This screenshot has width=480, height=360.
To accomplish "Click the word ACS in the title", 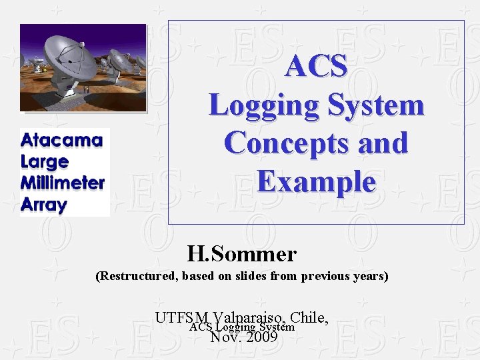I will tap(316, 67).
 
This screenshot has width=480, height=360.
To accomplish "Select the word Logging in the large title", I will tap(256, 105).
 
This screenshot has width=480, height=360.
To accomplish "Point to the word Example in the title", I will tap(316, 182).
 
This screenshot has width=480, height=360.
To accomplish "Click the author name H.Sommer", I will tap(242, 254).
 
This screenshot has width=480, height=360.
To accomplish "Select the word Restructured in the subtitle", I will tap(139, 276).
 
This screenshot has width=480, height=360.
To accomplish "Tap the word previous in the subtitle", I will tap(325, 276).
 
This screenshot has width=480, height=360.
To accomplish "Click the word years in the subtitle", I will tap(370, 276).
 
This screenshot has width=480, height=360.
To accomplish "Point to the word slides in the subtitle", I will tap(251, 276).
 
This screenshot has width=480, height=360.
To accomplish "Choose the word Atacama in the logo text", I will tap(62, 141).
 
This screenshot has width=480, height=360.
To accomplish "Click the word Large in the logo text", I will tap(45, 162).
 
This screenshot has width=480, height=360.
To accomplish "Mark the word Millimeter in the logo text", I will tap(63, 183).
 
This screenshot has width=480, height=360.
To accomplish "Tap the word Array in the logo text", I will tap(44, 205).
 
